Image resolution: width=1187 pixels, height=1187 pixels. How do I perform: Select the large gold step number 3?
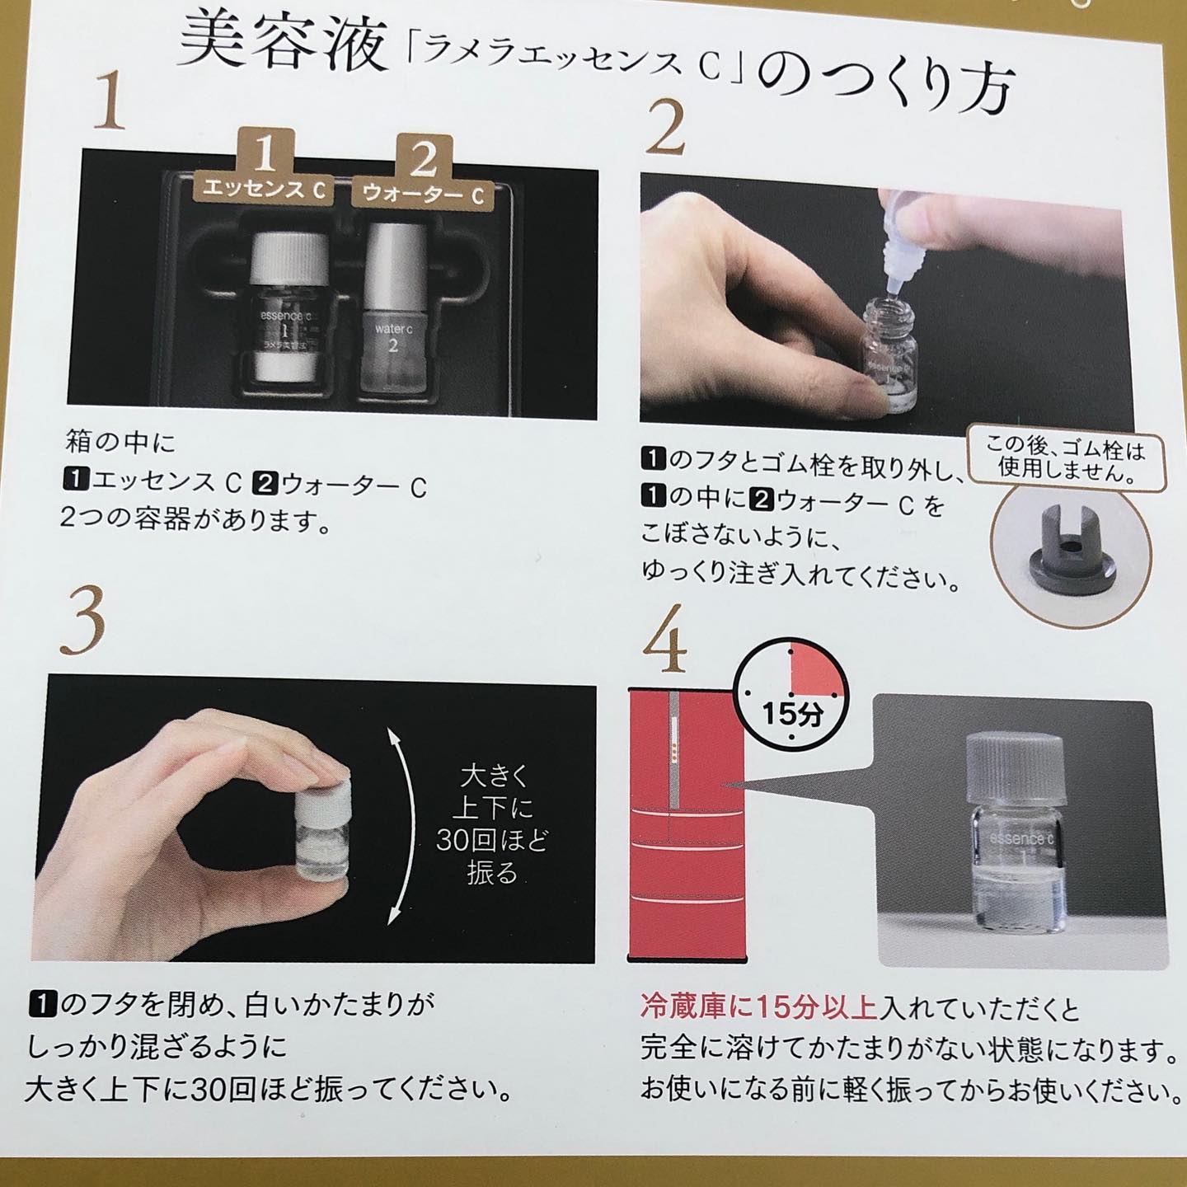point(82,622)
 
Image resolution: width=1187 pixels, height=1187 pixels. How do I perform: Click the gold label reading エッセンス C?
point(265,189)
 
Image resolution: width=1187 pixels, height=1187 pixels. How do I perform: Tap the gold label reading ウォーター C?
point(423,195)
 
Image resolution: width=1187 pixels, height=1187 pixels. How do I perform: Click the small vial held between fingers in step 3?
point(323,829)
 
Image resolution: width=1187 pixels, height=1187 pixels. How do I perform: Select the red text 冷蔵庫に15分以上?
point(758,1011)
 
